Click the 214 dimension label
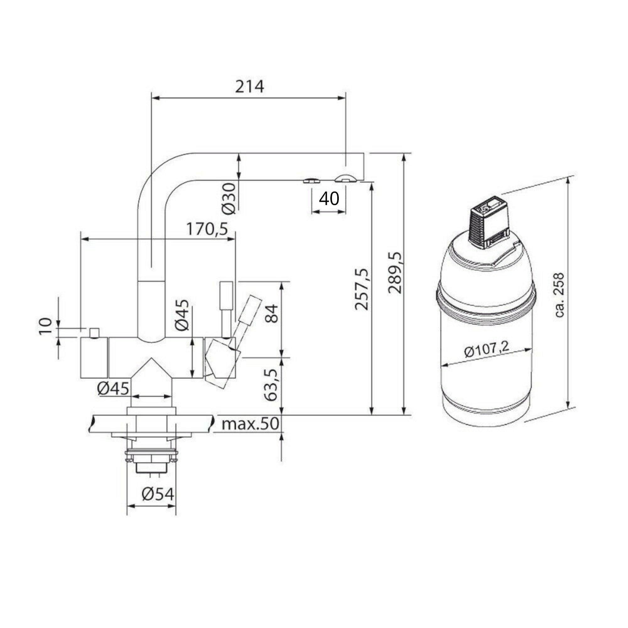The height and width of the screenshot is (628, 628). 249,87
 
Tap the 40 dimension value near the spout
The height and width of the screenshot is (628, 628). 329,199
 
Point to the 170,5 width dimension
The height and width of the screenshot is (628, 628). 207,230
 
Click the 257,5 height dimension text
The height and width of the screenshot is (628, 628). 362,290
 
